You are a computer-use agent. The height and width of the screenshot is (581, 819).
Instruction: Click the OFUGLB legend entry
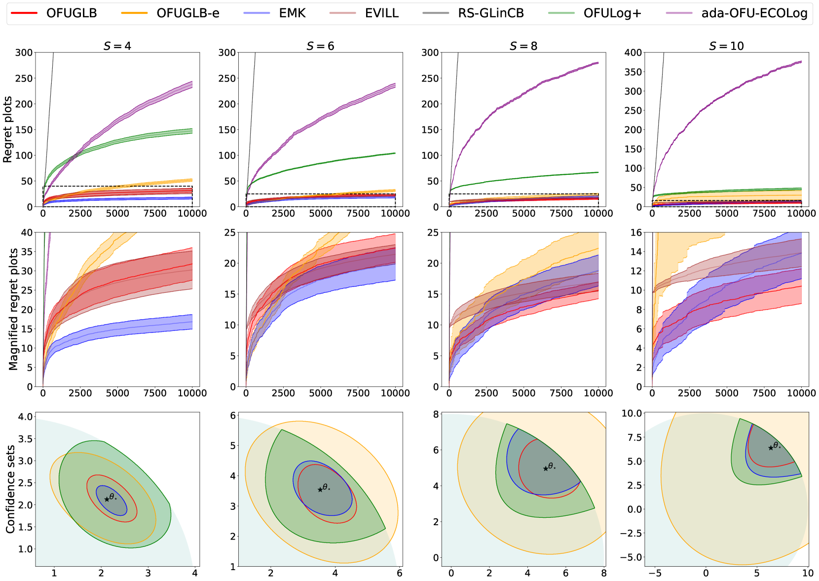point(71,13)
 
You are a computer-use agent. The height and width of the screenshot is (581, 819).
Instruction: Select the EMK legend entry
point(292,13)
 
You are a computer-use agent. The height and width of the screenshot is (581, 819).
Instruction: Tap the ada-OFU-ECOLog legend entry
point(754,13)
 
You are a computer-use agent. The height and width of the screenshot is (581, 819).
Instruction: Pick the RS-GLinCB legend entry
point(490,13)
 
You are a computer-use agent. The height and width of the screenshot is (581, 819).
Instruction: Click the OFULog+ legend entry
point(612,13)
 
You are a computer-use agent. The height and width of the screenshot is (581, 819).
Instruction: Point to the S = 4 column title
point(117,46)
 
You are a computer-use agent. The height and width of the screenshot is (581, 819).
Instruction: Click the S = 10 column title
point(726,46)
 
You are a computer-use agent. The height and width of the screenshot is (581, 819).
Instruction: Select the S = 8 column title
point(523,46)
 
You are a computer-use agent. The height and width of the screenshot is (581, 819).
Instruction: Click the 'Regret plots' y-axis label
point(7,129)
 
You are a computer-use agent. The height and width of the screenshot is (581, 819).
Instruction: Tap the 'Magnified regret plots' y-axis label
point(13,309)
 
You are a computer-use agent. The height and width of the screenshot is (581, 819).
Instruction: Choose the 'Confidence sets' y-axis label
point(10,489)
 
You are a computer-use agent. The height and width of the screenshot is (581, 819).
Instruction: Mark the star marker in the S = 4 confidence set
point(107,499)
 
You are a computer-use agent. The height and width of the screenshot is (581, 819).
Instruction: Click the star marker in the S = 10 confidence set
point(771,448)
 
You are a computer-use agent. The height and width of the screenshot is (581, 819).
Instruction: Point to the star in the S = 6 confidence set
point(320,489)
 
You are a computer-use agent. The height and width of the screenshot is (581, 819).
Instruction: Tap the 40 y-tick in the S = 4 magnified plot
point(27,232)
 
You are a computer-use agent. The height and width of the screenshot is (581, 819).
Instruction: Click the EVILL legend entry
point(382,13)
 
